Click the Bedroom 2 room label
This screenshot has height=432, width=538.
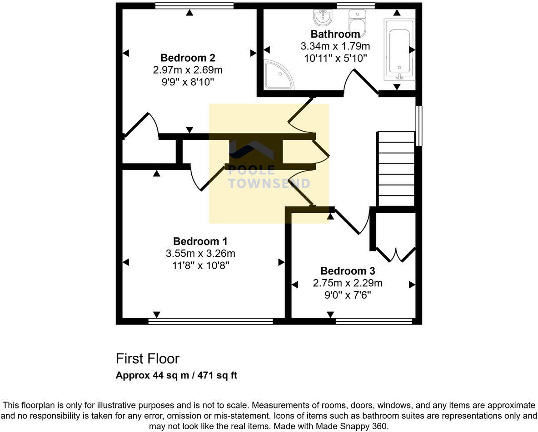pos(188,58)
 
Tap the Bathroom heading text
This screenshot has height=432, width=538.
pos(335,34)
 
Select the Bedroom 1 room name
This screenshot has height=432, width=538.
pos(200,241)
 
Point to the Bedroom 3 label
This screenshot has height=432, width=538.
pos(348,271)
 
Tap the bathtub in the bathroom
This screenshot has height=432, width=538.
pos(399,49)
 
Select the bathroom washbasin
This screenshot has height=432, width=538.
pos(323,18)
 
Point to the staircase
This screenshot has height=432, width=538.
pos(396,169)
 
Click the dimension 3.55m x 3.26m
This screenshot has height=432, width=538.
pos(200,254)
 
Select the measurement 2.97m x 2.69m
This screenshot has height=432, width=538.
pos(188,70)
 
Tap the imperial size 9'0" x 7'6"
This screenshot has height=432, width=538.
pos(348,295)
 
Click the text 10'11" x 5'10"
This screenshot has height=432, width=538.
pos(335,58)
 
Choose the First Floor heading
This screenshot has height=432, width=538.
pos(148,359)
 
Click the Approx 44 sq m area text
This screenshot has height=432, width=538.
pos(176,375)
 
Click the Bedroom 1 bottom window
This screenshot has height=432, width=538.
pos(210,321)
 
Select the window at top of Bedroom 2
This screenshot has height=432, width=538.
pos(194,6)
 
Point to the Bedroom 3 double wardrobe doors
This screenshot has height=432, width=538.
pos(396,255)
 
